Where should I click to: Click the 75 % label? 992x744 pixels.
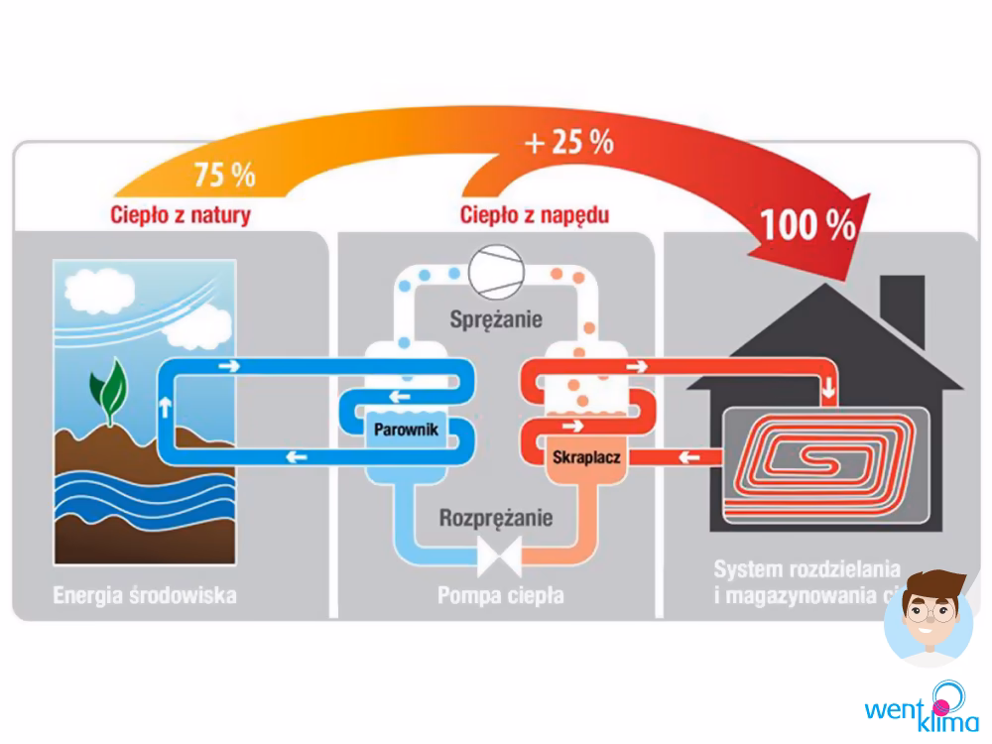coord(224,176)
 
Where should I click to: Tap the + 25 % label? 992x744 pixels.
coord(568,143)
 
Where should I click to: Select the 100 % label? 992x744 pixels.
coord(807,225)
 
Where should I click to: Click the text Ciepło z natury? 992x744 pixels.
coord(179,214)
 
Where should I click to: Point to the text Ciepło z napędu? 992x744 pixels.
coord(535,214)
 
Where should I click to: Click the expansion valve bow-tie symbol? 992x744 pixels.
coord(500,556)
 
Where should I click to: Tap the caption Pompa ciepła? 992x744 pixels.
coord(500,596)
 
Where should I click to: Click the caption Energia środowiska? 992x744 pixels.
coord(145,596)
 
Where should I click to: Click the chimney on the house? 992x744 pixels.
coord(902,303)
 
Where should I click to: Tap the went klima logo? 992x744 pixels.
coord(920,707)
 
